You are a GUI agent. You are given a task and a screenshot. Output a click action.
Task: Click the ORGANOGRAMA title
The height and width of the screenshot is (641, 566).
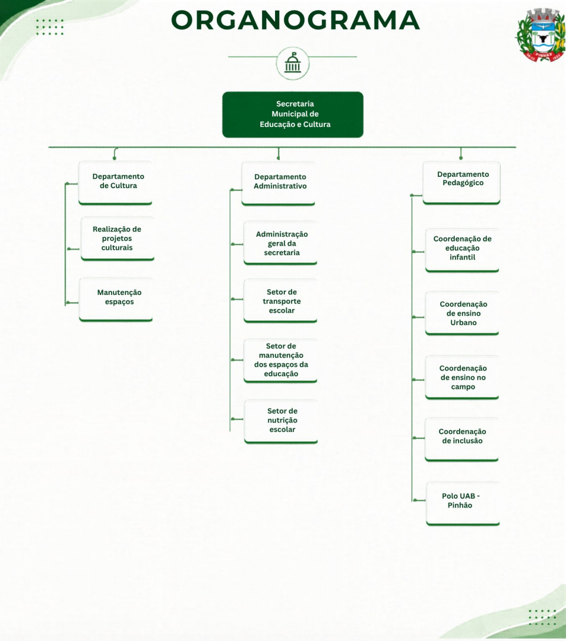295,20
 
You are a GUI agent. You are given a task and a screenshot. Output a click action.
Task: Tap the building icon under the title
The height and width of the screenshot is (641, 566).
292,64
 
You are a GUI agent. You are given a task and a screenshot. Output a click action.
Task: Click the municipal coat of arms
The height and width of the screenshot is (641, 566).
540,35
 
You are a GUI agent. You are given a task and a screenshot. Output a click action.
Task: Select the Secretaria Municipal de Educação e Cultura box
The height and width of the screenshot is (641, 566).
293,115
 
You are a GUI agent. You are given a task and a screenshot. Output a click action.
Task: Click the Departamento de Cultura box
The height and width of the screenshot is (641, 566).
115,183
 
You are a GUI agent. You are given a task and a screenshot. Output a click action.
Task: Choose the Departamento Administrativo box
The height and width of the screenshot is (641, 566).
278,183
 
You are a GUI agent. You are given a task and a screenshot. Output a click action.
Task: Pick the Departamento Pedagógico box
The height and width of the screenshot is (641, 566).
461,182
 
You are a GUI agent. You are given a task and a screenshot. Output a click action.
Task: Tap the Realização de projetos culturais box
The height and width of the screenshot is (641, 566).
118,239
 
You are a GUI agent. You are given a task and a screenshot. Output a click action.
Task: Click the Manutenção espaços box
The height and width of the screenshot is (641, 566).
116,300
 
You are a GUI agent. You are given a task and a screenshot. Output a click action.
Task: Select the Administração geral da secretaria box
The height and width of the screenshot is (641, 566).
280,243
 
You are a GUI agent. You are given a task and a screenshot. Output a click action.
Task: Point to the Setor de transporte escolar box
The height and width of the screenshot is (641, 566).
280,301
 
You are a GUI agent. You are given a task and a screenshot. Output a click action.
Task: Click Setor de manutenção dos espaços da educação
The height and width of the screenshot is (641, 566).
280,361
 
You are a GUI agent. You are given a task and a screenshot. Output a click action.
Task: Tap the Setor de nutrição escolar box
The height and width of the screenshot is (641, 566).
281,421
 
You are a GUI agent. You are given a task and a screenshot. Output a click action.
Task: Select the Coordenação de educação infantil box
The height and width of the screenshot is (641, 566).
462,250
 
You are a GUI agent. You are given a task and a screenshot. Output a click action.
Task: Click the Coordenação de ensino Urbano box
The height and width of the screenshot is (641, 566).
462,313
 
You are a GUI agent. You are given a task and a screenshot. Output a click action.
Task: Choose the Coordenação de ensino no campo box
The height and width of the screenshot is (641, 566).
462,377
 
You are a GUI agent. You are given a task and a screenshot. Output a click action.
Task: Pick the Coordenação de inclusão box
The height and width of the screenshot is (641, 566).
461,440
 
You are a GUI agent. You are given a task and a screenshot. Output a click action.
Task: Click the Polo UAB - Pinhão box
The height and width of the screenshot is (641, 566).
463,504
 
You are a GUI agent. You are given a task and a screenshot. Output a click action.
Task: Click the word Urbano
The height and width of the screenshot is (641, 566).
463,322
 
